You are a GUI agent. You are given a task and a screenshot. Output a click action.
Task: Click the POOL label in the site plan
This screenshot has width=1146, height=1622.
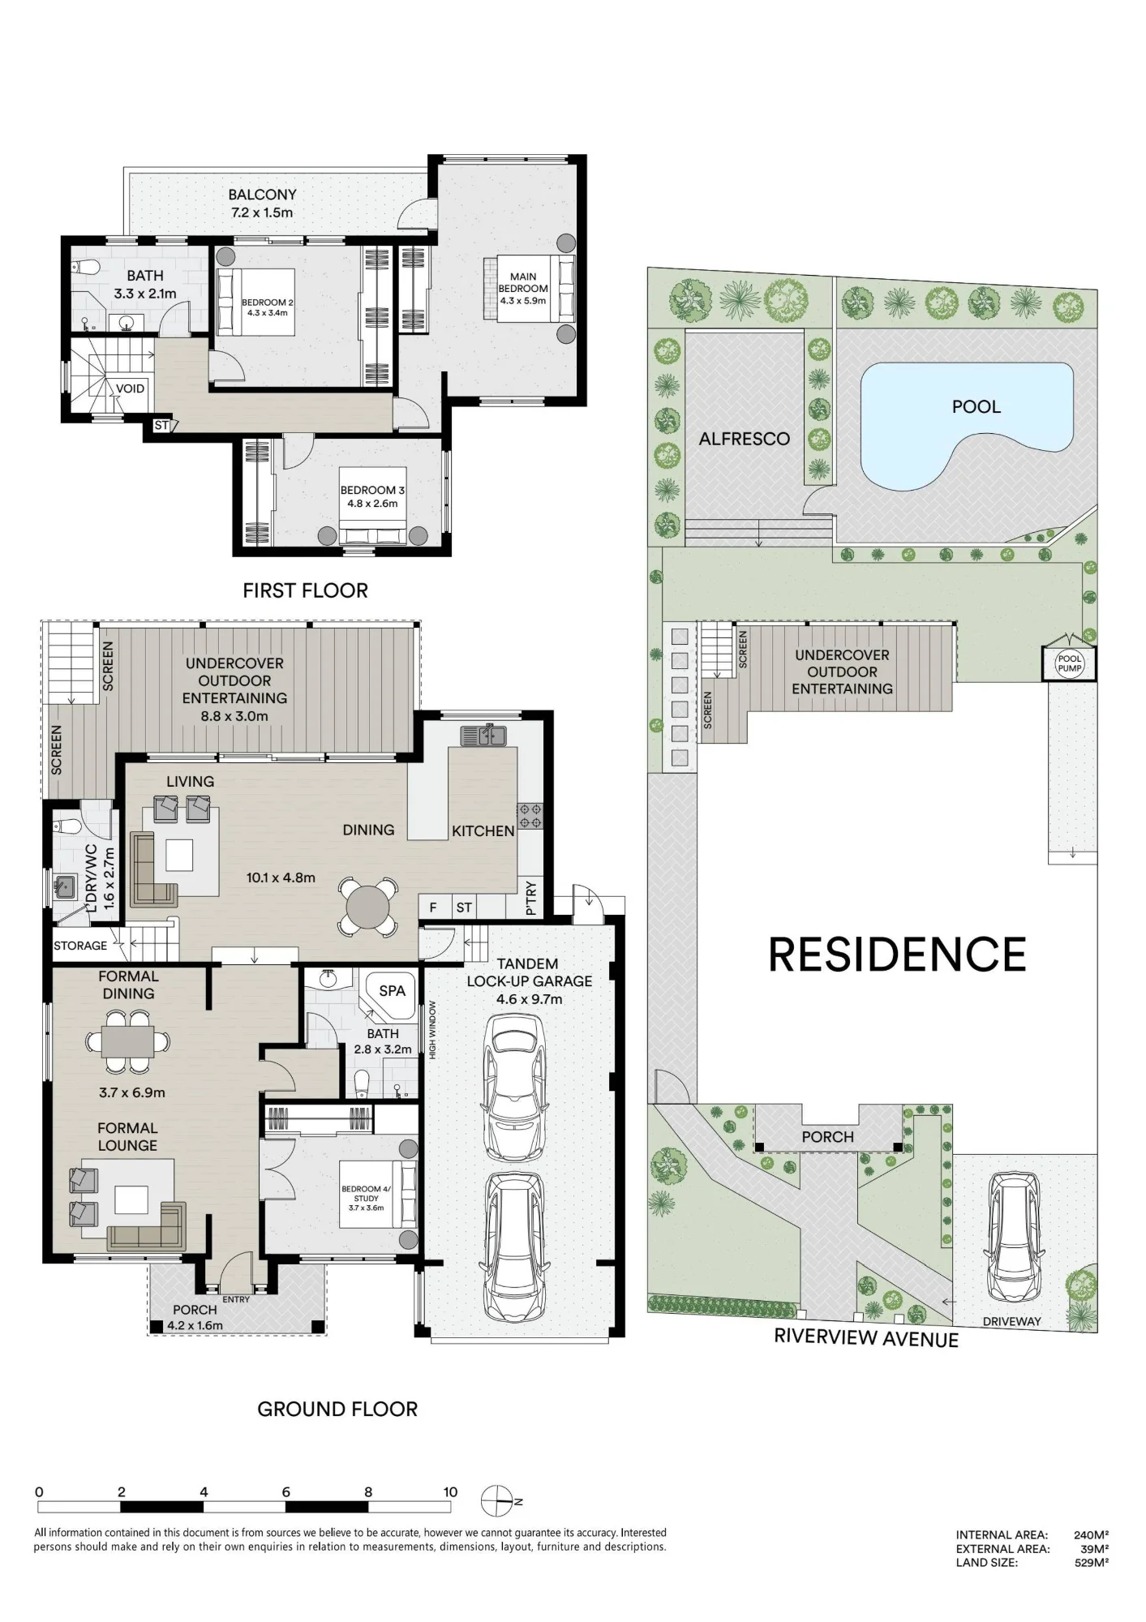point(976,406)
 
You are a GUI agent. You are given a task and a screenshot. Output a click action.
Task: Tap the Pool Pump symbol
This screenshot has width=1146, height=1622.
point(1069,664)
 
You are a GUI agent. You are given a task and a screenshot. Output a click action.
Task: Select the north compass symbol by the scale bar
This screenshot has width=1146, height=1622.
point(497,1502)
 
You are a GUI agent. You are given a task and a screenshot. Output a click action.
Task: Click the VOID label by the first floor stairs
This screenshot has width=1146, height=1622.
point(130,388)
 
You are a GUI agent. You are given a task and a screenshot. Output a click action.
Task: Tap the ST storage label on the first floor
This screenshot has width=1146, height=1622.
point(161,425)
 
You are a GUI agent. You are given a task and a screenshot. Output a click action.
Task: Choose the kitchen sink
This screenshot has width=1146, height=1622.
point(483,736)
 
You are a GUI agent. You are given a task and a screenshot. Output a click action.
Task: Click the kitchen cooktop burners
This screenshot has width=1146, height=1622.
point(530,816)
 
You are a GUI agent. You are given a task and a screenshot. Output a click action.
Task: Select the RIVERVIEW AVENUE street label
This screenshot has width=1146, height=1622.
point(866,1338)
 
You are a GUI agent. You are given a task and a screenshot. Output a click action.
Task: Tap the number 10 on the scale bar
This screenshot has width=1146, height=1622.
point(450,1491)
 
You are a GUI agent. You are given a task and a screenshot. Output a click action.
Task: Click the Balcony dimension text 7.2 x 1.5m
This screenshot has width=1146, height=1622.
point(260,212)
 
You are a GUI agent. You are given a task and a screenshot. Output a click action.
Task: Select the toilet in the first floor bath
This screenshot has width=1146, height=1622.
point(84,267)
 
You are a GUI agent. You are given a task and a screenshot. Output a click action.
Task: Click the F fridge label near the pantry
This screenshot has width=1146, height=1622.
point(433,908)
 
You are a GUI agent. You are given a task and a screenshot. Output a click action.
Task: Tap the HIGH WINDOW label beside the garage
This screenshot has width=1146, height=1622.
point(433,1029)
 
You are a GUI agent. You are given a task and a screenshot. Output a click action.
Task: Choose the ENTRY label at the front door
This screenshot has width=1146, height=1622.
point(236,1299)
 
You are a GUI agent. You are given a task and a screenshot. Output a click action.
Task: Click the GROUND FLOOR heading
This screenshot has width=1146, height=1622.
point(337,1409)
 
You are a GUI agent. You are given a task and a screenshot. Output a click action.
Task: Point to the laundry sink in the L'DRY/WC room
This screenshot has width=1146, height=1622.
point(64,886)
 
